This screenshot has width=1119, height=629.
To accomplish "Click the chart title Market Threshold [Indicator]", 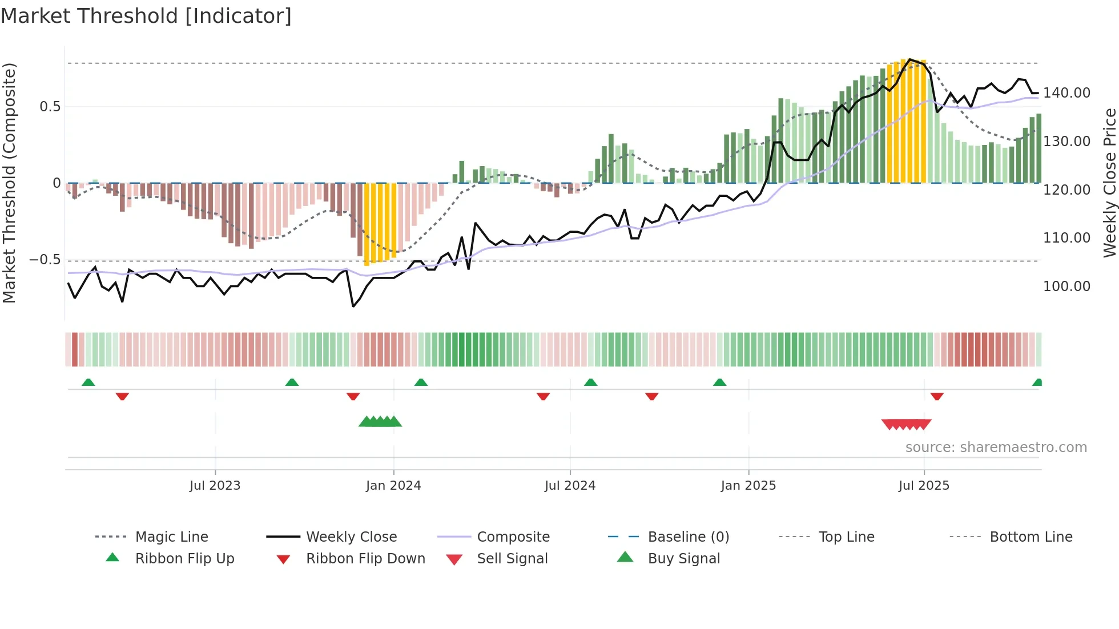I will tap(146, 16).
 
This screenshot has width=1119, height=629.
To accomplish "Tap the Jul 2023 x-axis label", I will tap(215, 486).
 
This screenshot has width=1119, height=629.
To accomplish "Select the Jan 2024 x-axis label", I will tap(393, 486).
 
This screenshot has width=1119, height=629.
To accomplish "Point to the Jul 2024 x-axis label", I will tap(570, 486).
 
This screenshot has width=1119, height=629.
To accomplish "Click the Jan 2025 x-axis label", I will tap(748, 486).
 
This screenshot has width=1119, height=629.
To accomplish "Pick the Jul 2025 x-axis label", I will tap(924, 486).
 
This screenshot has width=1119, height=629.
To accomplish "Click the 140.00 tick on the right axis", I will tap(1066, 93).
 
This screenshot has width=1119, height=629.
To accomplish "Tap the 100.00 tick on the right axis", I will tap(1066, 287).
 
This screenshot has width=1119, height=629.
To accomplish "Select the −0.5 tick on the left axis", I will tap(45, 260).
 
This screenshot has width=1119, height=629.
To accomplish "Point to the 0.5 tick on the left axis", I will tap(50, 107).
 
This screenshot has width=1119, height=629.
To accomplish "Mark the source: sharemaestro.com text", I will tap(996, 447).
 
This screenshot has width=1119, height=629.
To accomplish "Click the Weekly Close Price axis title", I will tap(1109, 183).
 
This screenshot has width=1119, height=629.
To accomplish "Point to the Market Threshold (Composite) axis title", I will tap(9, 183).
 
